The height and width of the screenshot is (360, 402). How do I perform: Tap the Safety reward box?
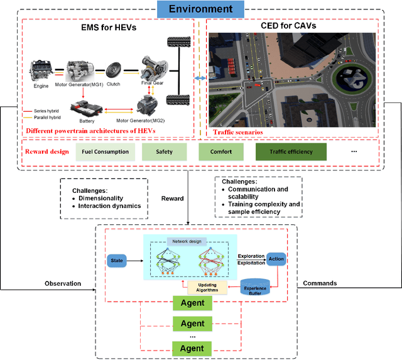[164, 152]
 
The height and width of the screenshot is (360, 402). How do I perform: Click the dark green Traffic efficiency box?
[283, 152]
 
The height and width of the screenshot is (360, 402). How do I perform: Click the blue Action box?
[276, 259]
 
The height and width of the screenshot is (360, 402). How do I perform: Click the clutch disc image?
[114, 68]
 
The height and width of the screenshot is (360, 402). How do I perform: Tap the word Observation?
[63, 283]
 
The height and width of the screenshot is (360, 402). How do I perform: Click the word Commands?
[319, 283]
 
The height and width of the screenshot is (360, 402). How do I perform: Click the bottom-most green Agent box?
[192, 348]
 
